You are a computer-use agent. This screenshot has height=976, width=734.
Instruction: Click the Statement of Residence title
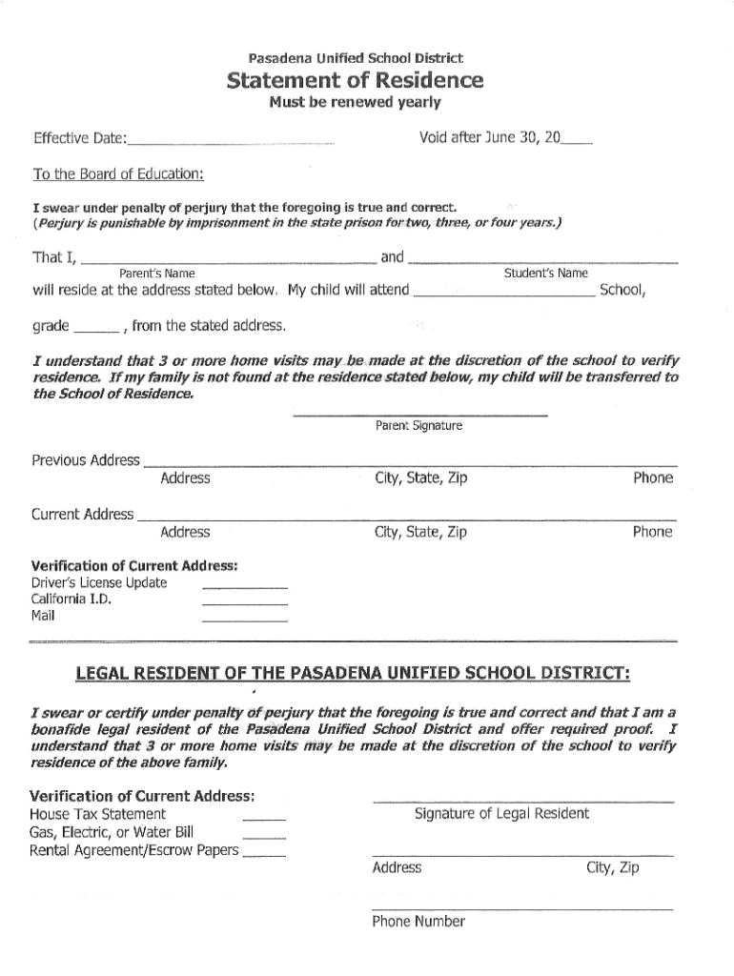coord(355,80)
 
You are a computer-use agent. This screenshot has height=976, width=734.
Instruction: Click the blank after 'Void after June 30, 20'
coord(577,142)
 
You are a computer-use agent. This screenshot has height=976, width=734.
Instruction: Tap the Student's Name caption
coord(545,274)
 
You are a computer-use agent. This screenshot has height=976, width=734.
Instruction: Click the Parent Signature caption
coord(419,426)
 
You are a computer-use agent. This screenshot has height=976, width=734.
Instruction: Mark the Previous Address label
coord(86,460)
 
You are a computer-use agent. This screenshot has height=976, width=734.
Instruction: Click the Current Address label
coord(83,515)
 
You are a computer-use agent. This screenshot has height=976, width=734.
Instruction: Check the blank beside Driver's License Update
coord(244,585)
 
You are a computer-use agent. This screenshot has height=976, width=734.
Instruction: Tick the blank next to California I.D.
coord(244,602)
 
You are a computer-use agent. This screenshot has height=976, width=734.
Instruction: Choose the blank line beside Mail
coord(244,620)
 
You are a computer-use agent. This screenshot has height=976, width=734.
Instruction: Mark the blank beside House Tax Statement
coord(264,818)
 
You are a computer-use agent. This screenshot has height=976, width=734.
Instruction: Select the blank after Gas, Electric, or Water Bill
coord(264,836)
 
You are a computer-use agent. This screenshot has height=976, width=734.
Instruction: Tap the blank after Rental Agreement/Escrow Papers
coord(264,854)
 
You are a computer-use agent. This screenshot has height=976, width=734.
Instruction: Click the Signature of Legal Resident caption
coord(501,813)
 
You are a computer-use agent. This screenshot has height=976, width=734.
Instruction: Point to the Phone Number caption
coord(418,922)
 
